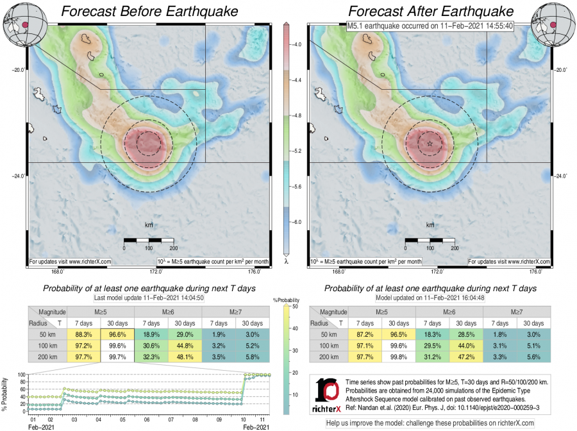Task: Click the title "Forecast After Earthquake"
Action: pyautogui.click(x=431, y=12)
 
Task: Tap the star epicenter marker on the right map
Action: pyautogui.click(x=430, y=144)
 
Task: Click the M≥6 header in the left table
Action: pyautogui.click(x=168, y=312)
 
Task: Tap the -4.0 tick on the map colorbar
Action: pyautogui.click(x=297, y=45)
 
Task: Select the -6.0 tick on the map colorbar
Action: pyautogui.click(x=297, y=221)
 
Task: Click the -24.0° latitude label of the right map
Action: pyautogui.click(x=559, y=176)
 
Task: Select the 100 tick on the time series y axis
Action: pyautogui.click(x=21, y=375)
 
